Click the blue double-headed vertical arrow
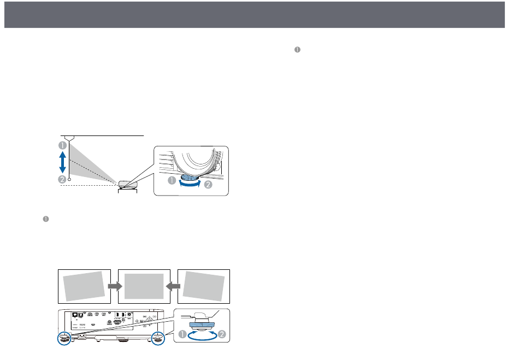(x=63, y=162)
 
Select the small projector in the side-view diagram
(x=126, y=183)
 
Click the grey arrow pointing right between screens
(x=114, y=286)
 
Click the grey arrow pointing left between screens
(x=172, y=286)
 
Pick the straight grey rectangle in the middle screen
(x=144, y=286)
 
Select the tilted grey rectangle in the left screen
(x=84, y=286)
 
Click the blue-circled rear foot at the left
(x=64, y=338)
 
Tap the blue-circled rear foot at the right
(x=158, y=338)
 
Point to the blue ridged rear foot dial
(x=200, y=324)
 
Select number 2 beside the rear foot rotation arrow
(x=222, y=334)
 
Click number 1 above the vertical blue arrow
(x=63, y=145)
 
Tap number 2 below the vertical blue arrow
(x=63, y=179)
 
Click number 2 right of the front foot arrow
(x=208, y=185)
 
